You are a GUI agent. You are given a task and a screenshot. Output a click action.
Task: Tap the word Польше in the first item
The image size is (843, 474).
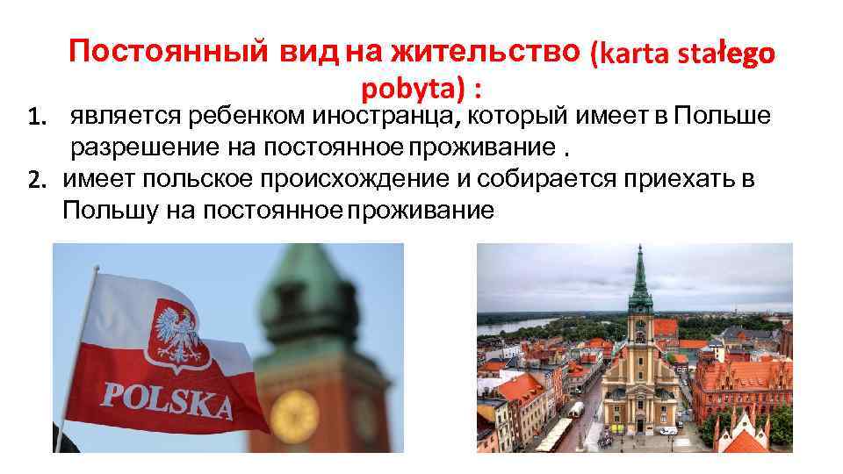(x=723, y=115)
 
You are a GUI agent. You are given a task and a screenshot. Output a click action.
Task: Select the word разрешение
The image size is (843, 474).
(x=135, y=146)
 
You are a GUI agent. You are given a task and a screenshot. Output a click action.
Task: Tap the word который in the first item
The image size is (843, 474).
(x=521, y=115)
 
